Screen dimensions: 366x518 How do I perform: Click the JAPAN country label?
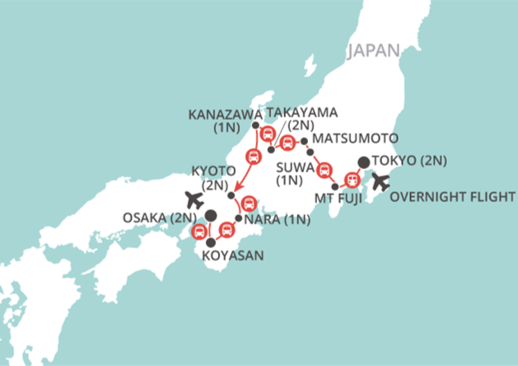pyautogui.click(x=373, y=51)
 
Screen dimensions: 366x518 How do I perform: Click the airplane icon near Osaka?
pyautogui.click(x=194, y=199)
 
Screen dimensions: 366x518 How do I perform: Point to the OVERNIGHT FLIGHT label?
pyautogui.click(x=452, y=197)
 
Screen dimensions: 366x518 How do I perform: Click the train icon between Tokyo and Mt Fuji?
pyautogui.click(x=352, y=178)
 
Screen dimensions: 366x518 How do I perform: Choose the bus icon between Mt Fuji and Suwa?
pyautogui.click(x=324, y=167)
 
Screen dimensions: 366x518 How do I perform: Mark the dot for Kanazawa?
pyautogui.click(x=255, y=125)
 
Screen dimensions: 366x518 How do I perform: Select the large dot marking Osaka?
pyautogui.click(x=211, y=215)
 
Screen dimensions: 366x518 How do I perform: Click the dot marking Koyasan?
pyautogui.click(x=211, y=243)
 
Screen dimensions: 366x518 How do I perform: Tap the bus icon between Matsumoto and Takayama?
pyautogui.click(x=287, y=145)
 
